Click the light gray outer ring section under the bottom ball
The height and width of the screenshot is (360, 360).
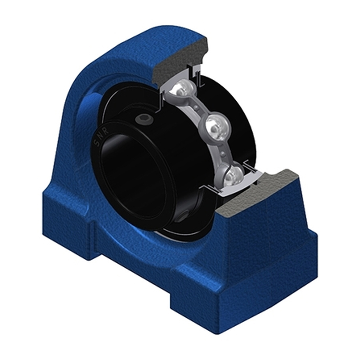[x=234, y=188]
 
